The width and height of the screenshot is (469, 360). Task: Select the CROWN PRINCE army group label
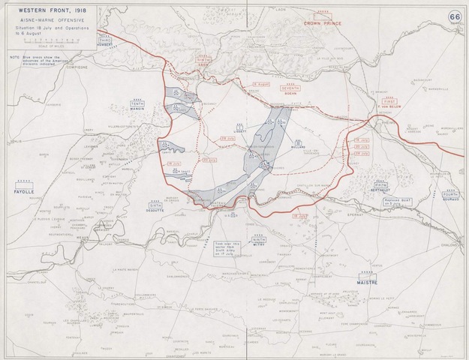click(323, 23)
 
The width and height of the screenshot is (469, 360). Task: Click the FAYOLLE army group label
click(26, 191)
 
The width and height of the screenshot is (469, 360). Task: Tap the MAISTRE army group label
click(366, 282)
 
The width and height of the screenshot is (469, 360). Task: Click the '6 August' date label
click(260, 85)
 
